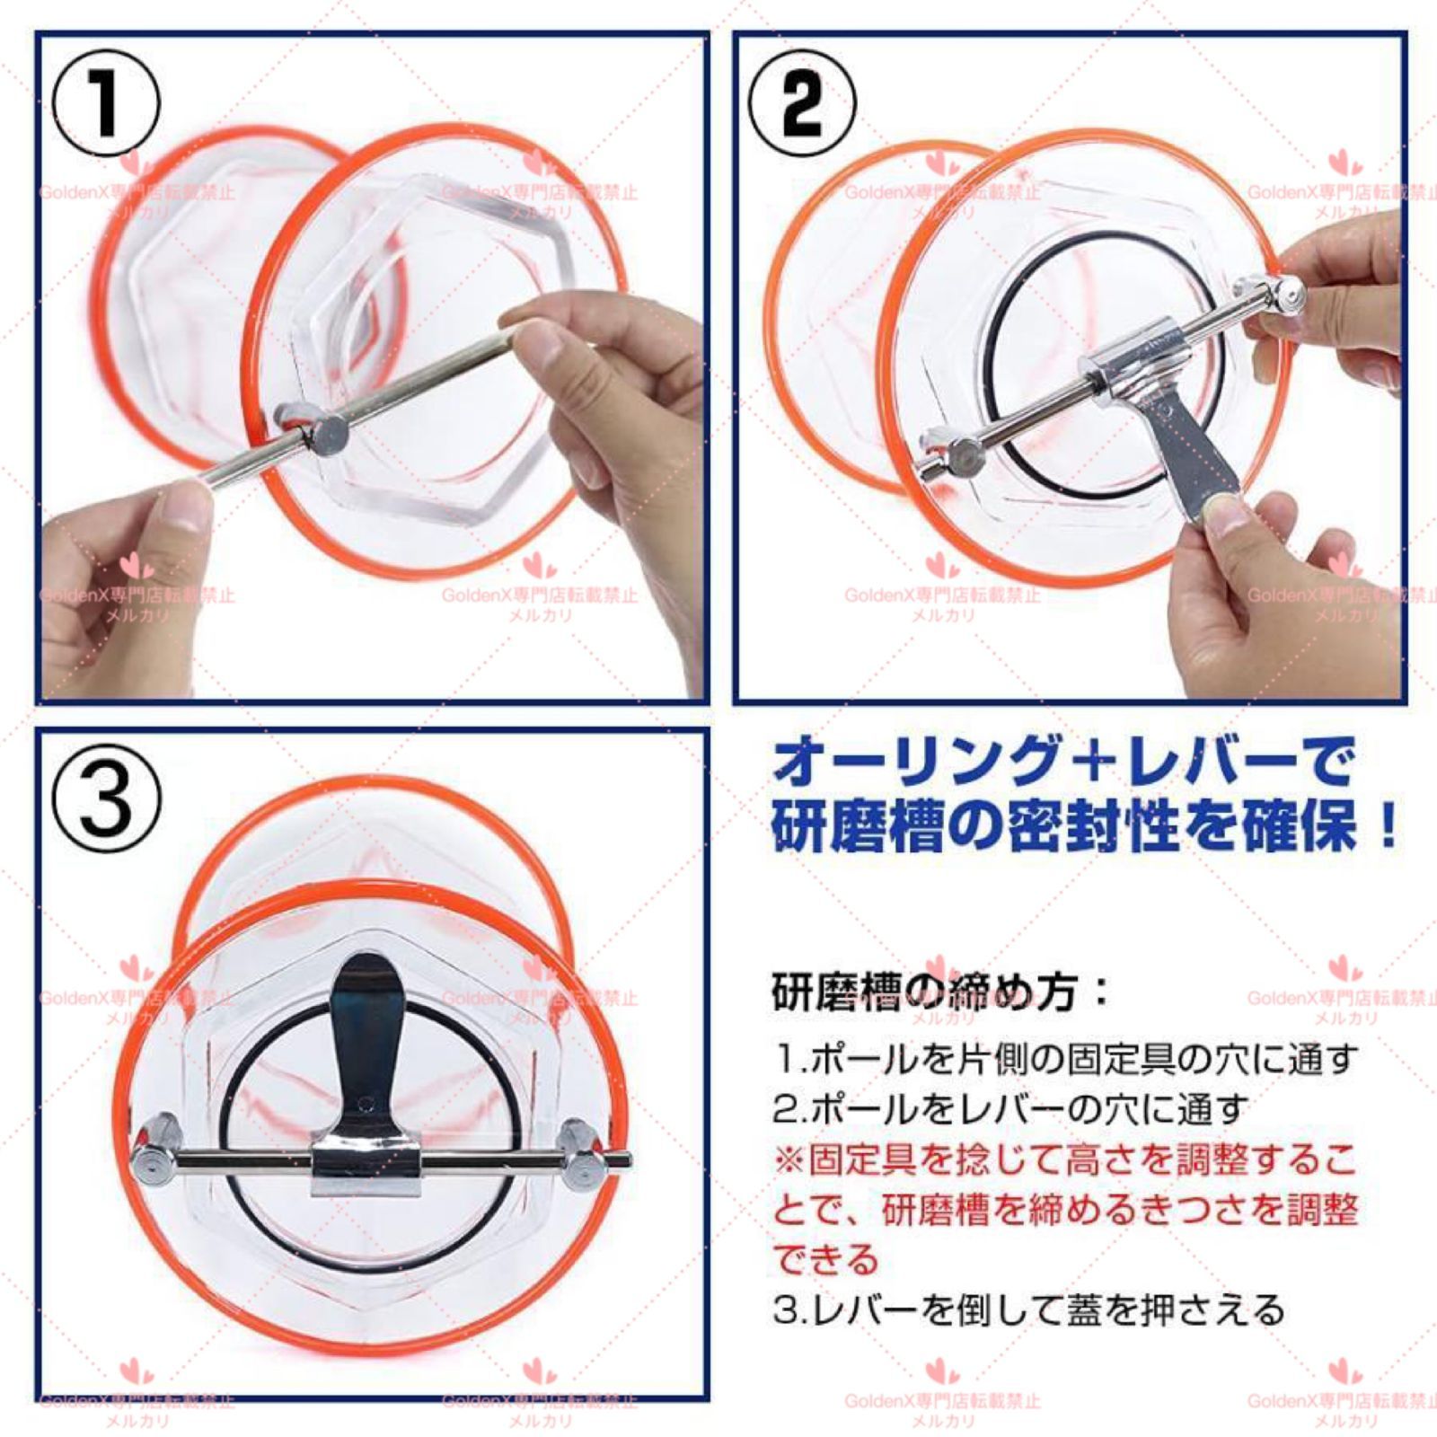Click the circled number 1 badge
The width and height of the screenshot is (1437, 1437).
pos(106,103)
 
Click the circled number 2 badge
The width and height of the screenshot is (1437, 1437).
pos(802,103)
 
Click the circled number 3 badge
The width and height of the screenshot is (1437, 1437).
pos(107,798)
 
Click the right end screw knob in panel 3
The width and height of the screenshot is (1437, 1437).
pos(580,1159)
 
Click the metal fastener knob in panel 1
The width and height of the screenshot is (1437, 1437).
pos(322,434)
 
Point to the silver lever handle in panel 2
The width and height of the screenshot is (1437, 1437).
pos(1195,449)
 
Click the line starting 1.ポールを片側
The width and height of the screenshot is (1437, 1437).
pos(1063,1060)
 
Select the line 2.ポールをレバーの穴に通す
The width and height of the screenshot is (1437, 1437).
pos(1009,1110)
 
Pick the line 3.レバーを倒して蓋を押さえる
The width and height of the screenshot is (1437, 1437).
pos(1029,1310)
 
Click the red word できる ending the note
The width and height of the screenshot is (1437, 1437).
pos(824,1260)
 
